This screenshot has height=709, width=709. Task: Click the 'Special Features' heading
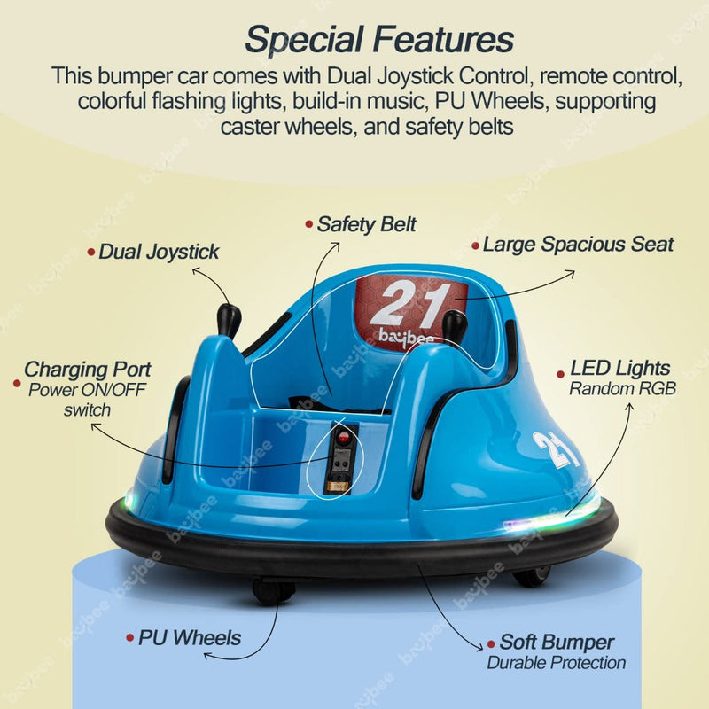tap(379, 40)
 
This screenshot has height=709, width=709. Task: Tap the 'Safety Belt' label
tap(366, 224)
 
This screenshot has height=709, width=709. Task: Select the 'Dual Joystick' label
tap(159, 253)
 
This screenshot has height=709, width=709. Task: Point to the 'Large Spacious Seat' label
tap(579, 245)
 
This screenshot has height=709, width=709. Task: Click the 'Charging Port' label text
tap(87, 370)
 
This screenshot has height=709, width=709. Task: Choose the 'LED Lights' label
tap(620, 368)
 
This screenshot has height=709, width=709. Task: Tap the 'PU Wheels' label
tap(190, 638)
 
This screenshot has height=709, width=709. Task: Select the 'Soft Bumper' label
tap(557, 642)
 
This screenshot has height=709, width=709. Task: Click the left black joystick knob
tap(229, 320)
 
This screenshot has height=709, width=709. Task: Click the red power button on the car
tap(344, 437)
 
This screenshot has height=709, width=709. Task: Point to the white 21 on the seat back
tap(410, 302)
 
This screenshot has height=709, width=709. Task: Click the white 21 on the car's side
tap(556, 449)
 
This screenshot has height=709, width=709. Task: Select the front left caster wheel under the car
tap(273, 590)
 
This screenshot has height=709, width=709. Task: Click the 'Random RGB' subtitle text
tap(623, 389)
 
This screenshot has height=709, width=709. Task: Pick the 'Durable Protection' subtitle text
tap(557, 663)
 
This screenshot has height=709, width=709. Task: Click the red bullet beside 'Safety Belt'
tap(309, 224)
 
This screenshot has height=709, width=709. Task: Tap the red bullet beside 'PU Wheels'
tap(130, 638)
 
